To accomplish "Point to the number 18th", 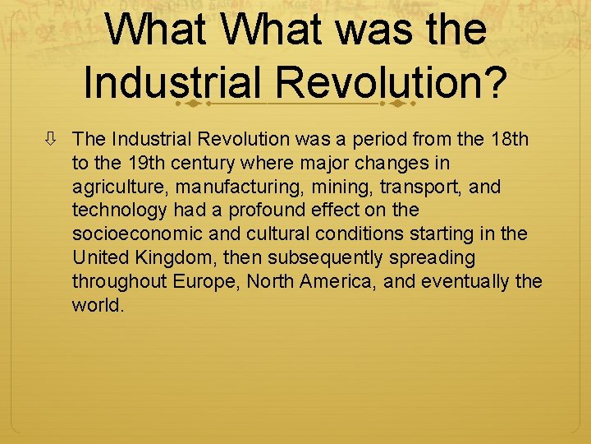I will (510, 139).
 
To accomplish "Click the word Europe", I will (204, 282).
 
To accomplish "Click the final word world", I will (98, 306).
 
